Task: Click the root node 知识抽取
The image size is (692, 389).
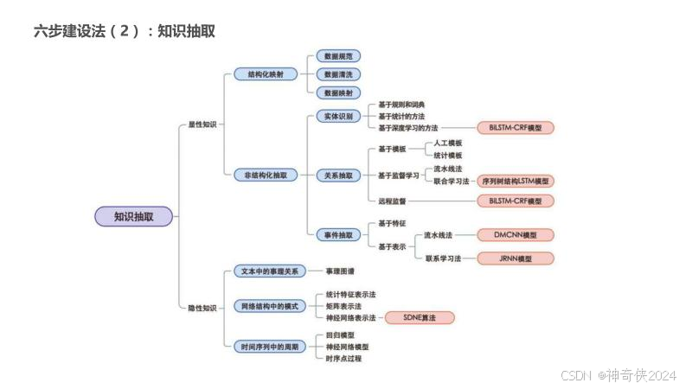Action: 133,217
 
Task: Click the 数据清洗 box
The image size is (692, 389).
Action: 337,74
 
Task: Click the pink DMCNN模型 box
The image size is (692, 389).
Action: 515,234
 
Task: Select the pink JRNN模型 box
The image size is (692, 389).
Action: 515,258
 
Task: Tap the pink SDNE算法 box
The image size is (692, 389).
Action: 420,318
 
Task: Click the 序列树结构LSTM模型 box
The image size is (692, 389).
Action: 515,182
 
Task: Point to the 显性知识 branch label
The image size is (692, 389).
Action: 202,124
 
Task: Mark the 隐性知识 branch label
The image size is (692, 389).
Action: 202,308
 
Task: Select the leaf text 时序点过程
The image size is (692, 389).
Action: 343,358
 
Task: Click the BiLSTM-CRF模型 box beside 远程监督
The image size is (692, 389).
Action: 515,201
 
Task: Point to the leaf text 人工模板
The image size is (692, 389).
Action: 448,143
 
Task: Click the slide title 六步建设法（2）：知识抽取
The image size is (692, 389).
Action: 124,31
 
